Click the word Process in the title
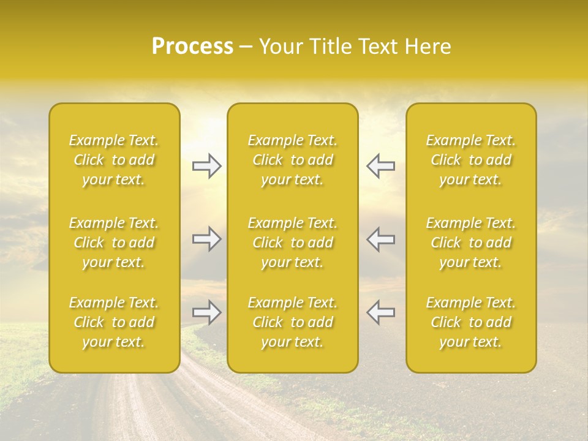pos(192,47)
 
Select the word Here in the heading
pos(428,47)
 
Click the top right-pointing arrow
pos(206,166)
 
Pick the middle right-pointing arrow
pos(206,239)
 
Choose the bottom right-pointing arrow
pos(206,312)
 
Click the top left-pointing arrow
pos(380,166)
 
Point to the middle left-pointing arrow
pos(380,239)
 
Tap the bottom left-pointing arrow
pos(380,312)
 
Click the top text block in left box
pos(114,160)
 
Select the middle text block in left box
pos(114,243)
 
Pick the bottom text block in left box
pos(114,322)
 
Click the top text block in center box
pos(293,160)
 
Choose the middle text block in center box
pos(293,243)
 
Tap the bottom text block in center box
pos(293,322)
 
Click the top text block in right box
pos(471,160)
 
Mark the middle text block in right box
pos(471,243)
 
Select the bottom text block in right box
pos(471,322)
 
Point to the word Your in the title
pos(281,47)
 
